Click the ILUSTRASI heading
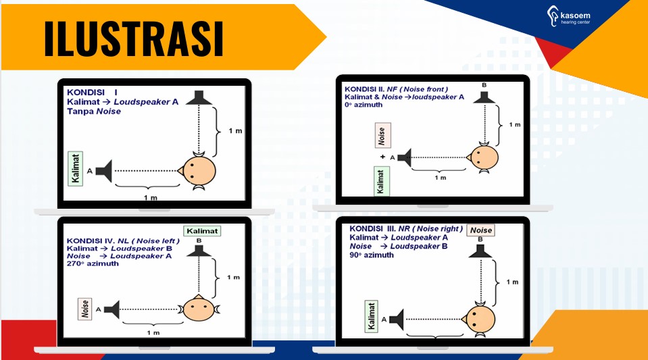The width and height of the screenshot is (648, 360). [134, 38]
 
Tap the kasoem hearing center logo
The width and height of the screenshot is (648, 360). [569, 16]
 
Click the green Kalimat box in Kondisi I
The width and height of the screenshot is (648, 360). [75, 169]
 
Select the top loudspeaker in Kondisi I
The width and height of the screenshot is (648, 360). [199, 97]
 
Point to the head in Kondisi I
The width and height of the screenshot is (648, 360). [197, 170]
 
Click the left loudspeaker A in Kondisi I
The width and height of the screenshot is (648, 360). [104, 171]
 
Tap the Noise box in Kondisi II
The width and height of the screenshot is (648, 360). [382, 135]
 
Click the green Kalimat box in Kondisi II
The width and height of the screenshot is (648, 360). [382, 181]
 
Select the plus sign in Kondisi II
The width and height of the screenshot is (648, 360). [382, 157]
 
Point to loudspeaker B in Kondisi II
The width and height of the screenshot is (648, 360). [484, 97]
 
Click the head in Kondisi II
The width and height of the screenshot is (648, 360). [482, 157]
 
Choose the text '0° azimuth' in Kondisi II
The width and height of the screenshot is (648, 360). [364, 105]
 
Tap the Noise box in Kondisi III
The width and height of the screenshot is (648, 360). [481, 230]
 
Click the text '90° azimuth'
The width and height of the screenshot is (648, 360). [371, 255]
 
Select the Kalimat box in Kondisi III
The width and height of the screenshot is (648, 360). [372, 316]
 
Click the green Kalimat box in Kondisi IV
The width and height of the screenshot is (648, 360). [202, 231]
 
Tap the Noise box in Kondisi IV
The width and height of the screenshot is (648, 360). [85, 309]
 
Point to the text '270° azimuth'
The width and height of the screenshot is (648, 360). [93, 263]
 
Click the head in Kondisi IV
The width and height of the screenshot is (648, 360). [199, 309]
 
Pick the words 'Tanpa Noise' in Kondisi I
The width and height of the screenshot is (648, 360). [94, 111]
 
